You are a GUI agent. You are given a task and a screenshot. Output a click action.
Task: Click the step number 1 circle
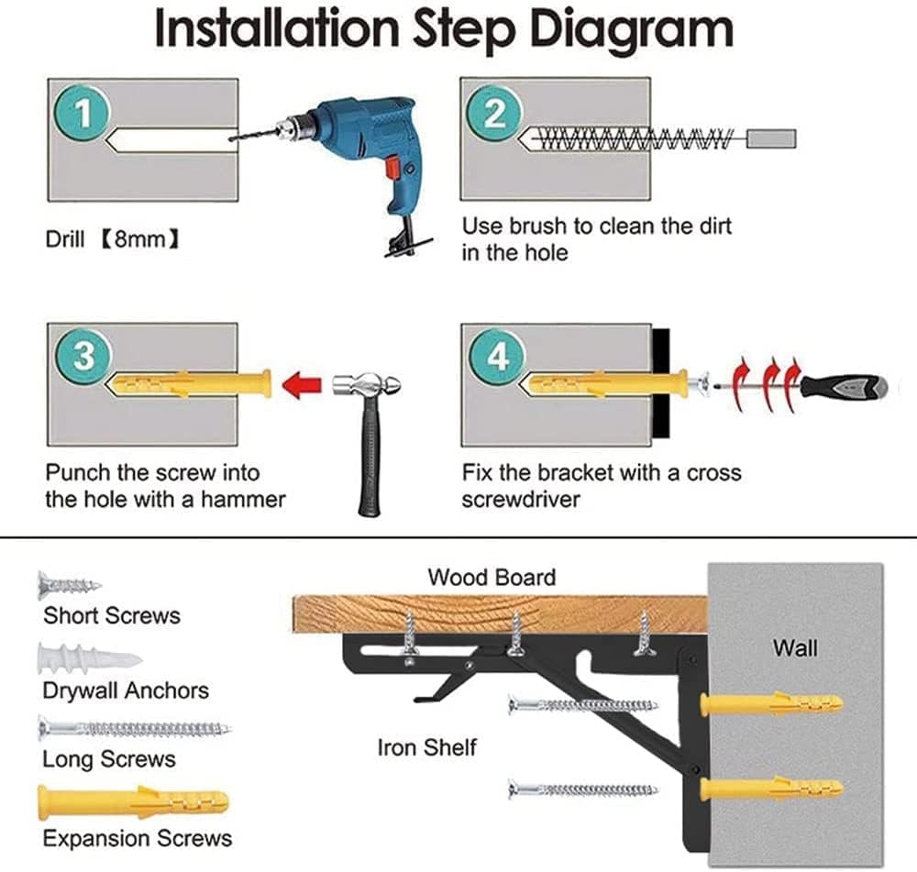[83, 115]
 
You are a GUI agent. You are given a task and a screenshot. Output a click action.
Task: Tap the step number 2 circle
[495, 115]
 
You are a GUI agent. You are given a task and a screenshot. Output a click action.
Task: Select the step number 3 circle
[83, 356]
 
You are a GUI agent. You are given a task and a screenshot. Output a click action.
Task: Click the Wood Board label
[492, 578]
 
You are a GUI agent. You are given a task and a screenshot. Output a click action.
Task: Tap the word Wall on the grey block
[795, 648]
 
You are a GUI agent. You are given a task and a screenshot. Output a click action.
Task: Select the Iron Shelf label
[427, 747]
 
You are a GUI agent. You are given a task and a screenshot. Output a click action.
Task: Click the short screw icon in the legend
[69, 584]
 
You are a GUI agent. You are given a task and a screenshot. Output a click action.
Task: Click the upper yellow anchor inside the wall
[771, 704]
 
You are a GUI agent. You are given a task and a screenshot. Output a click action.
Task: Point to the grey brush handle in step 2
[771, 139]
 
